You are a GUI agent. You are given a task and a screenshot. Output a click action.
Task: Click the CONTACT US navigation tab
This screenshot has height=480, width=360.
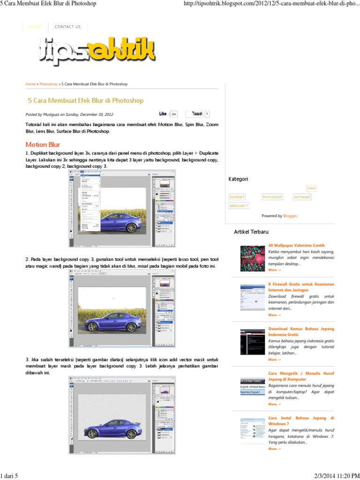pyautogui.click(x=67, y=27)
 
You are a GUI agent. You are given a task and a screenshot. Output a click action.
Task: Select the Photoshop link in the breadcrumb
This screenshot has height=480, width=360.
pyautogui.click(x=48, y=84)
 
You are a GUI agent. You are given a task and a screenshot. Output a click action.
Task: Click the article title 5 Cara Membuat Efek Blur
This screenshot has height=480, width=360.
pyautogui.click(x=86, y=100)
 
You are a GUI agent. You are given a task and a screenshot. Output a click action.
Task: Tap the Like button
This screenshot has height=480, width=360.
pyautogui.click(x=163, y=114)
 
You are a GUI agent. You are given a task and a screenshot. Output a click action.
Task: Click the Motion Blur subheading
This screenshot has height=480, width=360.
pyautogui.click(x=43, y=144)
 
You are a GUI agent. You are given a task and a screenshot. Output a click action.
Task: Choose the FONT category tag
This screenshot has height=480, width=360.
pyautogui.click(x=311, y=188)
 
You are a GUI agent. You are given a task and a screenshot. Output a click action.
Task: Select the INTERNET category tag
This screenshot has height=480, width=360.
pyautogui.click(x=237, y=197)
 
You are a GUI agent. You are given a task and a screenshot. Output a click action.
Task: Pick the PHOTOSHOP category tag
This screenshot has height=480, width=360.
pyautogui.click(x=272, y=197)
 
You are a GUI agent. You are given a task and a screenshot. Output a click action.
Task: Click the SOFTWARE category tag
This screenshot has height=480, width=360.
pyautogui.click(x=302, y=197)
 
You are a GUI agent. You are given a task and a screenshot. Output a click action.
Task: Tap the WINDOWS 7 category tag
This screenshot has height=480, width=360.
pyautogui.click(x=239, y=206)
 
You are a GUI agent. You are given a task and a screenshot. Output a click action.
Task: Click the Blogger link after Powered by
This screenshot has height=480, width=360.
pyautogui.click(x=290, y=216)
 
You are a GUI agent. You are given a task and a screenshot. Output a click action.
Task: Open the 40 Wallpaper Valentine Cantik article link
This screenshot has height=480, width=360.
pyautogui.click(x=296, y=245)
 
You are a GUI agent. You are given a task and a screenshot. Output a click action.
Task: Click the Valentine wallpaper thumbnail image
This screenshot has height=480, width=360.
pyautogui.click(x=252, y=258)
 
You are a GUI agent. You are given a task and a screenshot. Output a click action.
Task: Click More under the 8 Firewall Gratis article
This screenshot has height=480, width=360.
pyautogui.click(x=274, y=315)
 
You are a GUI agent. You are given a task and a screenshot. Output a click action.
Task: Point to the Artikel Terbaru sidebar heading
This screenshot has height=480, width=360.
pyautogui.click(x=251, y=232)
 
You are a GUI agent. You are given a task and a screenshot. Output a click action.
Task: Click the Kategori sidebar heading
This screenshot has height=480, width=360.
pyautogui.click(x=238, y=179)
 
